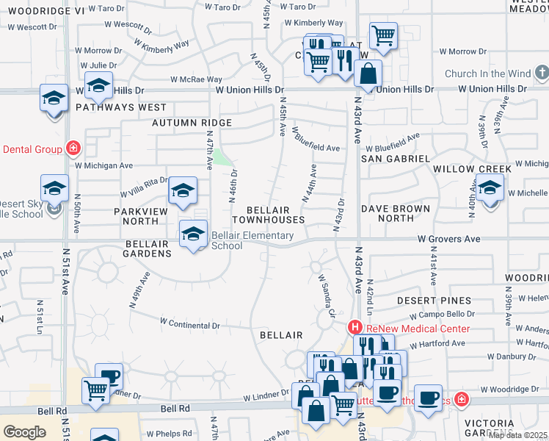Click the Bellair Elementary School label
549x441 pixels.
252,241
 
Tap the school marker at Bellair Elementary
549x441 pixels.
193,234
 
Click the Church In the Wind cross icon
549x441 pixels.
542,73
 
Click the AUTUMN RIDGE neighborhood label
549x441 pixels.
192,123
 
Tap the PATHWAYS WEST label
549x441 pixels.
121,107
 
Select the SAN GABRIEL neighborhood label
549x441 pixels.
396,158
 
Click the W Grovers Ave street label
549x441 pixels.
449,239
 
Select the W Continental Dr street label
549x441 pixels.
189,323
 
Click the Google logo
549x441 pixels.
25,432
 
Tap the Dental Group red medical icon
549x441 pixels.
73,148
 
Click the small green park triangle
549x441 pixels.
220,157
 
